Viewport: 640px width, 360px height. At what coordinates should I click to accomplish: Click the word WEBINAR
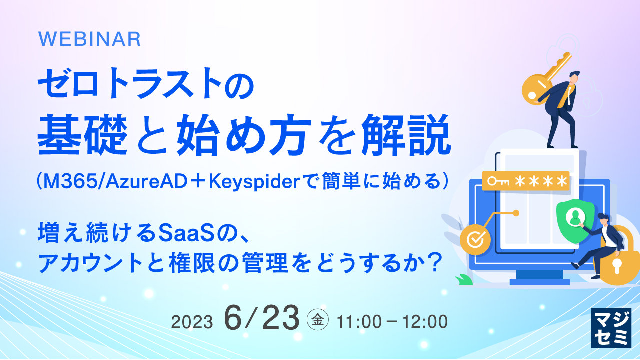[89, 39]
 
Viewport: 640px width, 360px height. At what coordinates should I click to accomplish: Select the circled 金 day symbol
[317, 321]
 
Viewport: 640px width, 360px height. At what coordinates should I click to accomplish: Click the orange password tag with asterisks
[526, 181]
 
